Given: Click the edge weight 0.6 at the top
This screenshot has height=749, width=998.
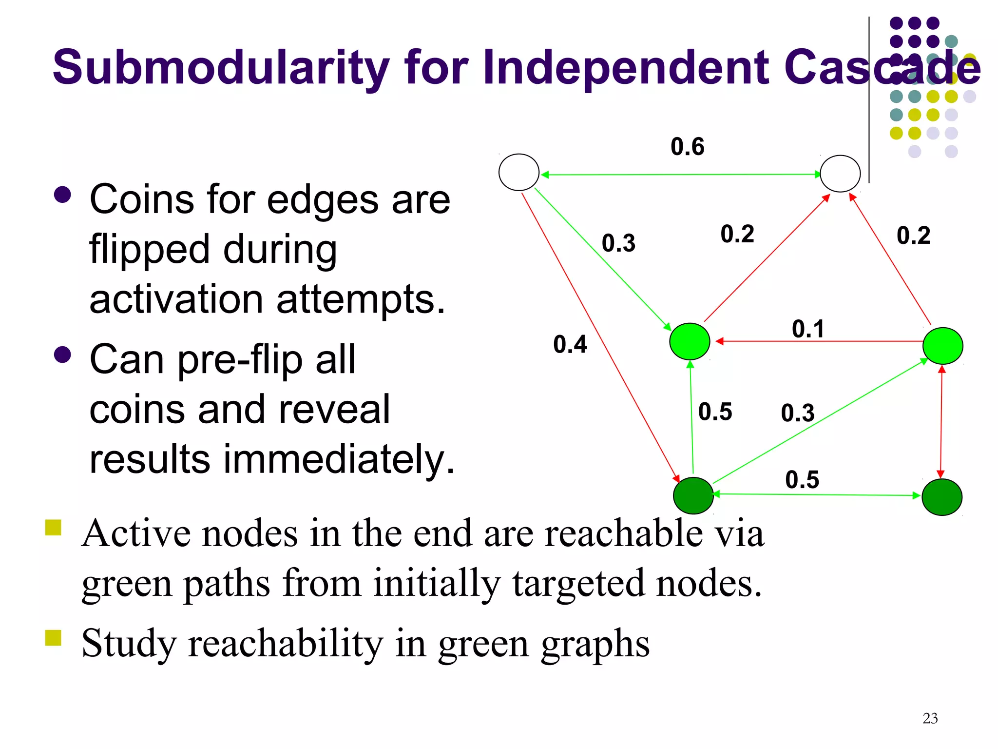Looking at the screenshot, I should (687, 147).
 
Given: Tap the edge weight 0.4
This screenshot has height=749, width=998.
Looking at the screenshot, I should (570, 344).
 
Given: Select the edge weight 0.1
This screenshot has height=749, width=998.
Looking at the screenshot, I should (807, 329).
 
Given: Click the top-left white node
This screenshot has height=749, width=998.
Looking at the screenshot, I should (519, 172).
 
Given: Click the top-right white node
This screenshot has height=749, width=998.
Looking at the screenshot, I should (840, 174).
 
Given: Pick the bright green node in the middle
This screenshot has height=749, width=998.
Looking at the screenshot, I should (690, 341).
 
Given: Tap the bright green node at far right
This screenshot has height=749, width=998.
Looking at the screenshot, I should (942, 346).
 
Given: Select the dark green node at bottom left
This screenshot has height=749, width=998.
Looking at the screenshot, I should (693, 495).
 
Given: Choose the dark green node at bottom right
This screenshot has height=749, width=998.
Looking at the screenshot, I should (941, 497).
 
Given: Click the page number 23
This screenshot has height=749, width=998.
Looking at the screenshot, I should (930, 718).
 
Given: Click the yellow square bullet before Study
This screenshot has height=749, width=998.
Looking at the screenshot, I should (53, 637).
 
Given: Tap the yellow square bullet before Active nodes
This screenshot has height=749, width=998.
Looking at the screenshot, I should (53, 528).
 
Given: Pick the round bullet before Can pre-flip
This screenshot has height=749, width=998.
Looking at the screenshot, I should (63, 355).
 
